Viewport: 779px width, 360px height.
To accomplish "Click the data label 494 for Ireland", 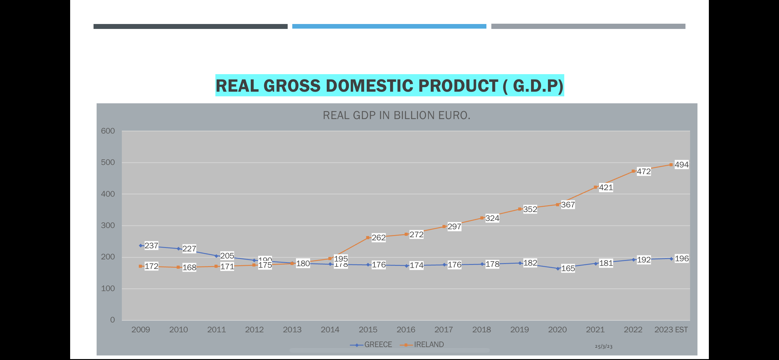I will coord(681,165).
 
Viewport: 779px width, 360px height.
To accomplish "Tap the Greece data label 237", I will coord(151,246).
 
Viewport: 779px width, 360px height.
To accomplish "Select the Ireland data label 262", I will coord(378,238).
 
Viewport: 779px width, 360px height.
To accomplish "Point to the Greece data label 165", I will coord(568,268).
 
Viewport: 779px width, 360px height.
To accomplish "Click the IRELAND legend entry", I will coord(429,345).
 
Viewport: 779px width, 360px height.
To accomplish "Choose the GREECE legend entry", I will coord(378,345).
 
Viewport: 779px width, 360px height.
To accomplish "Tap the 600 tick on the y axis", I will coord(108,131).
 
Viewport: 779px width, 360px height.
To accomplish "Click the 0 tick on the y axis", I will coord(112,320).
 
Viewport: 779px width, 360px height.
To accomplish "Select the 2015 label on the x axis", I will coord(368,330).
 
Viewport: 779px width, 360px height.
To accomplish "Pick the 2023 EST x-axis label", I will coord(671,330).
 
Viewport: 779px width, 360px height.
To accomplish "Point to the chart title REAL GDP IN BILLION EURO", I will coord(397,115).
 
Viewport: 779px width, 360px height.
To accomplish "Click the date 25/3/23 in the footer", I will coord(604,346).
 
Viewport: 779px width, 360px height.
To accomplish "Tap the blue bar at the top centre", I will coord(389,26).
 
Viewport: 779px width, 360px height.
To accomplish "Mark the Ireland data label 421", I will coord(606,187).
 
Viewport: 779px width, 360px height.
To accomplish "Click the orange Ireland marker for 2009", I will coord(141,266).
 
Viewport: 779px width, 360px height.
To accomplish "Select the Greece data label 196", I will coord(681,258).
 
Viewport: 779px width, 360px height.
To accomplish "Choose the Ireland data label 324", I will coord(492,218).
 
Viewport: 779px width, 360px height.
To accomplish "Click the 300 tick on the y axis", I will coord(108,226).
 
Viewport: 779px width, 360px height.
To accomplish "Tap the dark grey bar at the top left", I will coord(190,26).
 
